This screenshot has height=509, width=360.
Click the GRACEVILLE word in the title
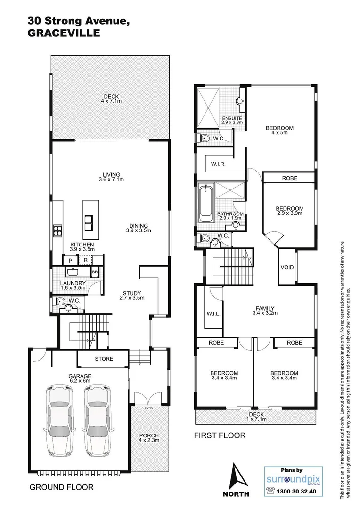[64, 33]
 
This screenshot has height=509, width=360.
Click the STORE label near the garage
[104, 359]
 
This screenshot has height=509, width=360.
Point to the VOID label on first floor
[287, 267]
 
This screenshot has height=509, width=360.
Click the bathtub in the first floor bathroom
[205, 205]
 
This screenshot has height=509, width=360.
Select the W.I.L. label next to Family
[213, 313]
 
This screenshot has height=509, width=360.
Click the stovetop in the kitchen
[57, 230]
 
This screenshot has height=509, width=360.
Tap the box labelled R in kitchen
[85, 260]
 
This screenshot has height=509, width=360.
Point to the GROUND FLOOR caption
[61, 487]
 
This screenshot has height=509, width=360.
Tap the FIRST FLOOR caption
[220, 435]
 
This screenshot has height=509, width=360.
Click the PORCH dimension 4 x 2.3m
[149, 441]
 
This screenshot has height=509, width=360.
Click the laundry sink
[73, 272]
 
